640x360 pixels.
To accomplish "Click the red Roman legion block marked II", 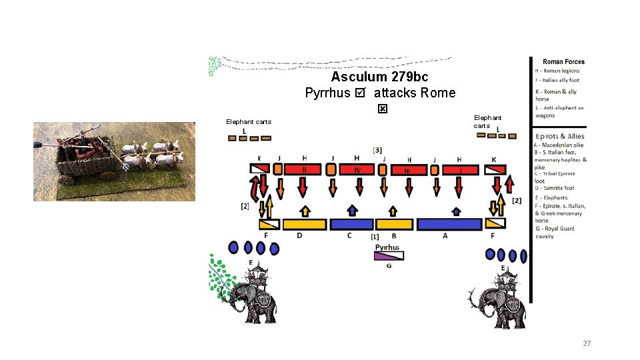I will tap(303, 170).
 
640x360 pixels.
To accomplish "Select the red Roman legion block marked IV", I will tap(357, 170).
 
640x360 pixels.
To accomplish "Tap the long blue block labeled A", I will tap(449, 224).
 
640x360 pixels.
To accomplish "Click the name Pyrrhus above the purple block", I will tap(387, 247).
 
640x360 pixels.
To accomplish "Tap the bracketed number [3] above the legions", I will tap(378, 150).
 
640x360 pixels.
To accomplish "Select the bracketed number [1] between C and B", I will tap(375, 237).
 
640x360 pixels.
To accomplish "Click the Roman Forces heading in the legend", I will tap(563, 62).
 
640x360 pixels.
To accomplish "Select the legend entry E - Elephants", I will tap(551, 198).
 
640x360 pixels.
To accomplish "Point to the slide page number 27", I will tap(587, 343).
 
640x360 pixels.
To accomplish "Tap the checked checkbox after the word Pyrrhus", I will tap(361, 93).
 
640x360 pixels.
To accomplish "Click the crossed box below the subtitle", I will tap(382, 109).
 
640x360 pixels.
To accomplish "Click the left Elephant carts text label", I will tap(248, 121).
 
